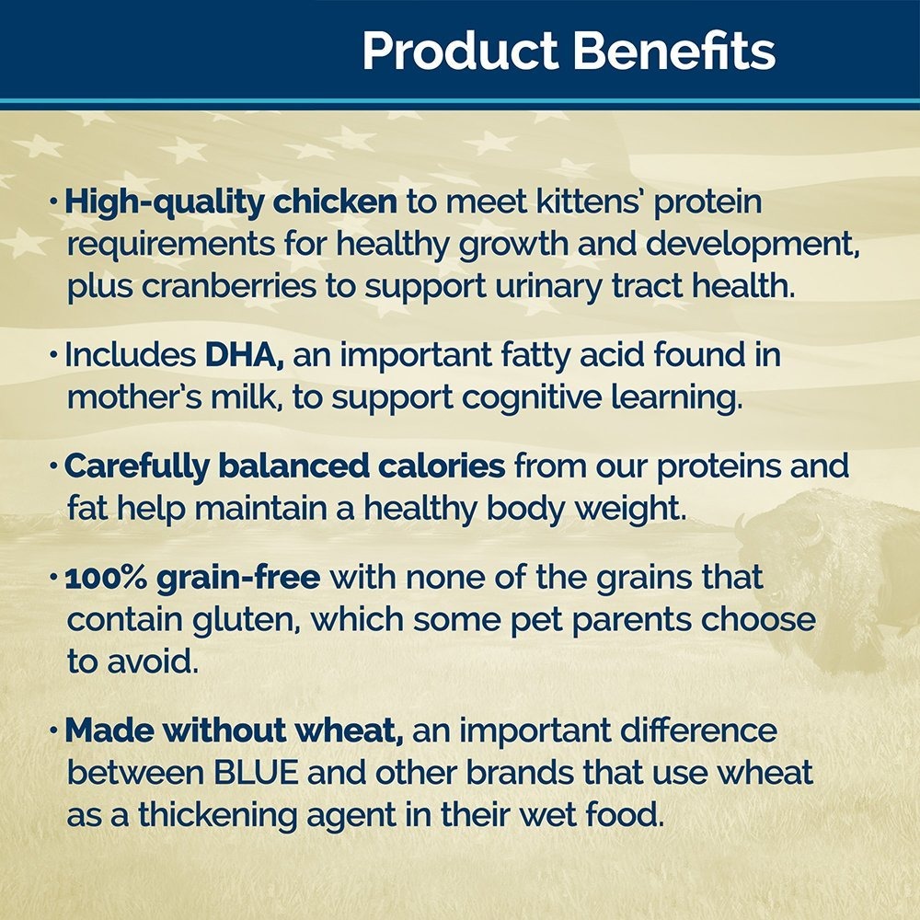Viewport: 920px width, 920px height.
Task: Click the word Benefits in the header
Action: [674, 51]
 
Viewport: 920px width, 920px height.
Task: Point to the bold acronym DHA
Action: [244, 355]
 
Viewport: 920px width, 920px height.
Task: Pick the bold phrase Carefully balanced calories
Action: [284, 467]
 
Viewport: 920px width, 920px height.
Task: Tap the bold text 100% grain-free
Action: [192, 579]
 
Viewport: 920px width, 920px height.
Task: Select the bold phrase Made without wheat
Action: [234, 730]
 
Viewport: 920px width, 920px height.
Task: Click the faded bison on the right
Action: [827, 581]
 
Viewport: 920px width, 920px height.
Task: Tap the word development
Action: [753, 245]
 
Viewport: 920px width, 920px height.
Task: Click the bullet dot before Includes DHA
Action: [54, 355]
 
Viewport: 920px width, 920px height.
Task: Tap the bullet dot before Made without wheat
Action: [54, 731]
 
